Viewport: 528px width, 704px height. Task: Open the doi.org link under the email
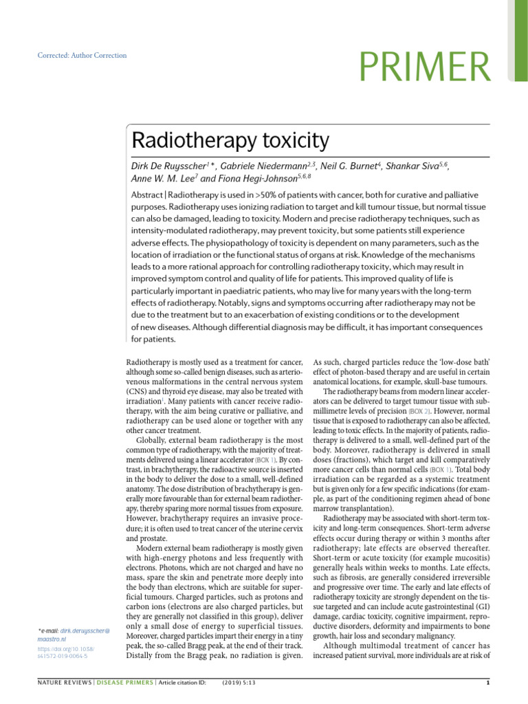(x=66, y=652)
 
